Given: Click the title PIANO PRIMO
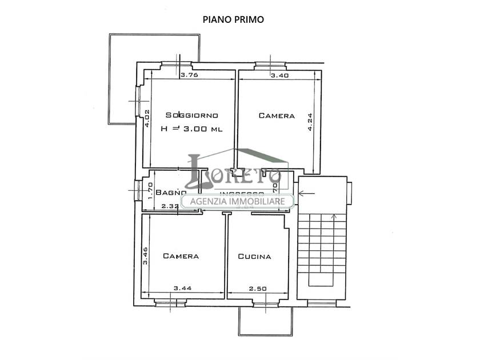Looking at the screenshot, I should pyautogui.click(x=233, y=19).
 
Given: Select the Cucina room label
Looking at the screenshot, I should pyautogui.click(x=254, y=257).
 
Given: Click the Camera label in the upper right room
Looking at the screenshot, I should pyautogui.click(x=277, y=115).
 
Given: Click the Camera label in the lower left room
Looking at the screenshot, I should pyautogui.click(x=181, y=256).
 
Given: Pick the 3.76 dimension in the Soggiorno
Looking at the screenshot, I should pyautogui.click(x=189, y=75).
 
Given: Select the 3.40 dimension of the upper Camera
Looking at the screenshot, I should pyautogui.click(x=279, y=75).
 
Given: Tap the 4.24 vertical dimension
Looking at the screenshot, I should pyautogui.click(x=310, y=123).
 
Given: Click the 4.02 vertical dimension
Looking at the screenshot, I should pyautogui.click(x=147, y=118).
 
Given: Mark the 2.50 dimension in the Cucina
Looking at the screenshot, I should pyautogui.click(x=257, y=289).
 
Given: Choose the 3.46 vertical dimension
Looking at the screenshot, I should pyautogui.click(x=146, y=255).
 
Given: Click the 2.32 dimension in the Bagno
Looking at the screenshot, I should pyautogui.click(x=170, y=206).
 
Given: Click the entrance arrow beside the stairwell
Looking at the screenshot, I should pyautogui.click(x=306, y=194).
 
